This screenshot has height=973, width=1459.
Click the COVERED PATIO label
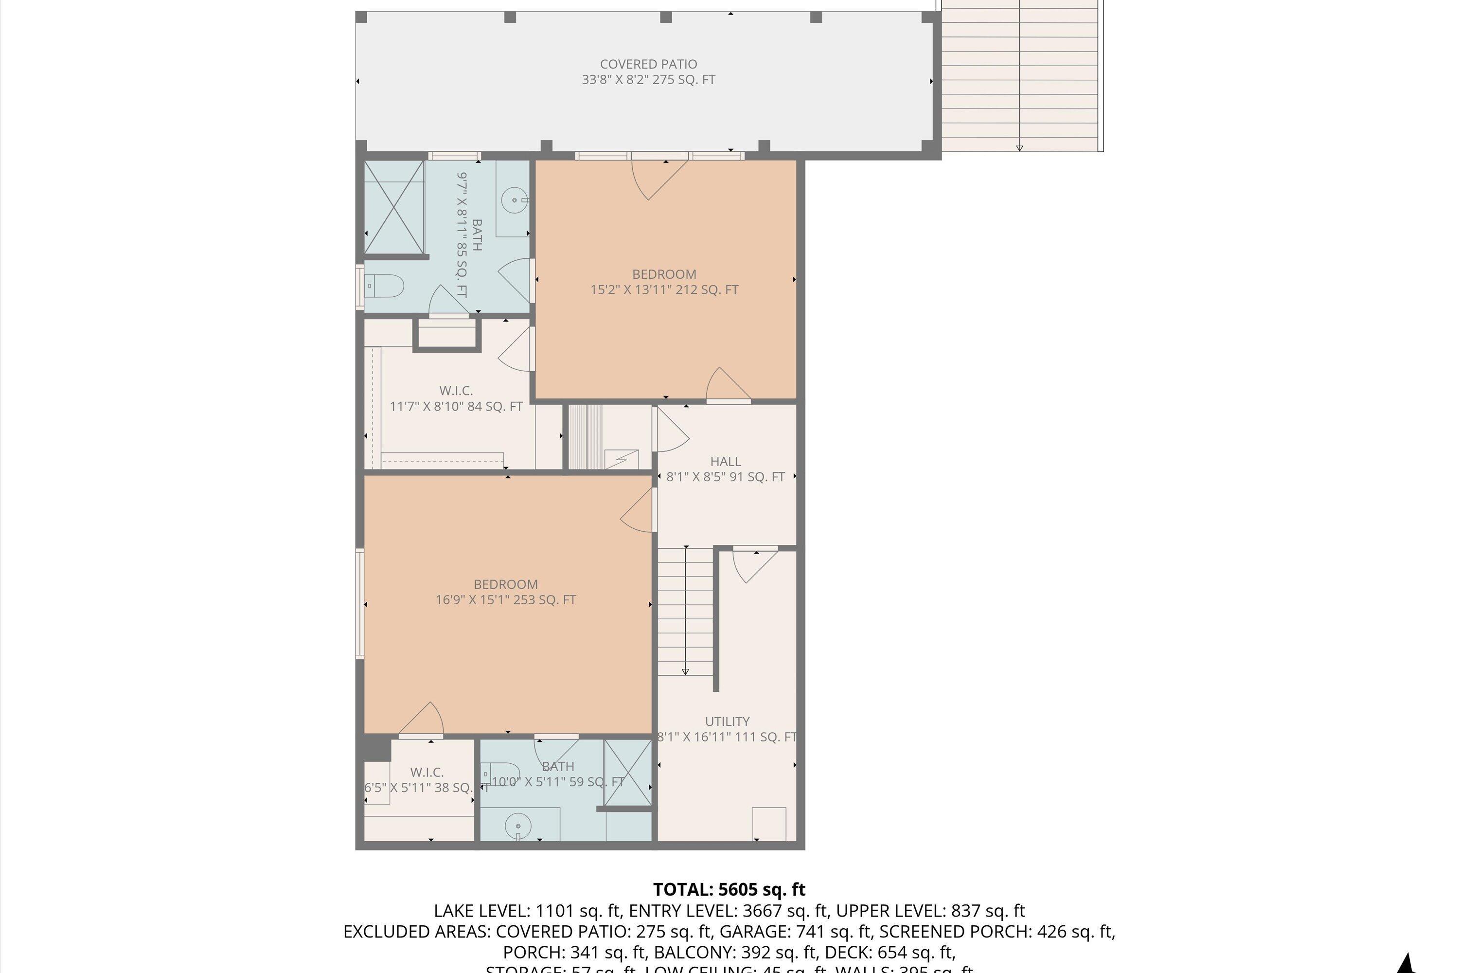[648, 64]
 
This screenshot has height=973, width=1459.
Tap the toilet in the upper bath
[385, 286]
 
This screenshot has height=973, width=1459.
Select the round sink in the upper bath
[514, 200]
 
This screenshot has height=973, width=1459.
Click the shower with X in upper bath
[394, 207]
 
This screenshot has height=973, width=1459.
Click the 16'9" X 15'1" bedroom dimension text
[506, 600]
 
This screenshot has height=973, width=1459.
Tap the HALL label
[725, 461]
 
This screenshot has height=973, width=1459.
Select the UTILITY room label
[727, 721]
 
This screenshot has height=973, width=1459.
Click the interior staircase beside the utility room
[685, 611]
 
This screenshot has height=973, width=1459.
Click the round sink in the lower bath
[518, 826]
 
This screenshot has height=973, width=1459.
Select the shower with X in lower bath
[628, 773]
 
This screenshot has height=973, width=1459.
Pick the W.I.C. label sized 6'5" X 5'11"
[427, 772]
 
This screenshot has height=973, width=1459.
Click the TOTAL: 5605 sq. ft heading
[729, 890]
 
